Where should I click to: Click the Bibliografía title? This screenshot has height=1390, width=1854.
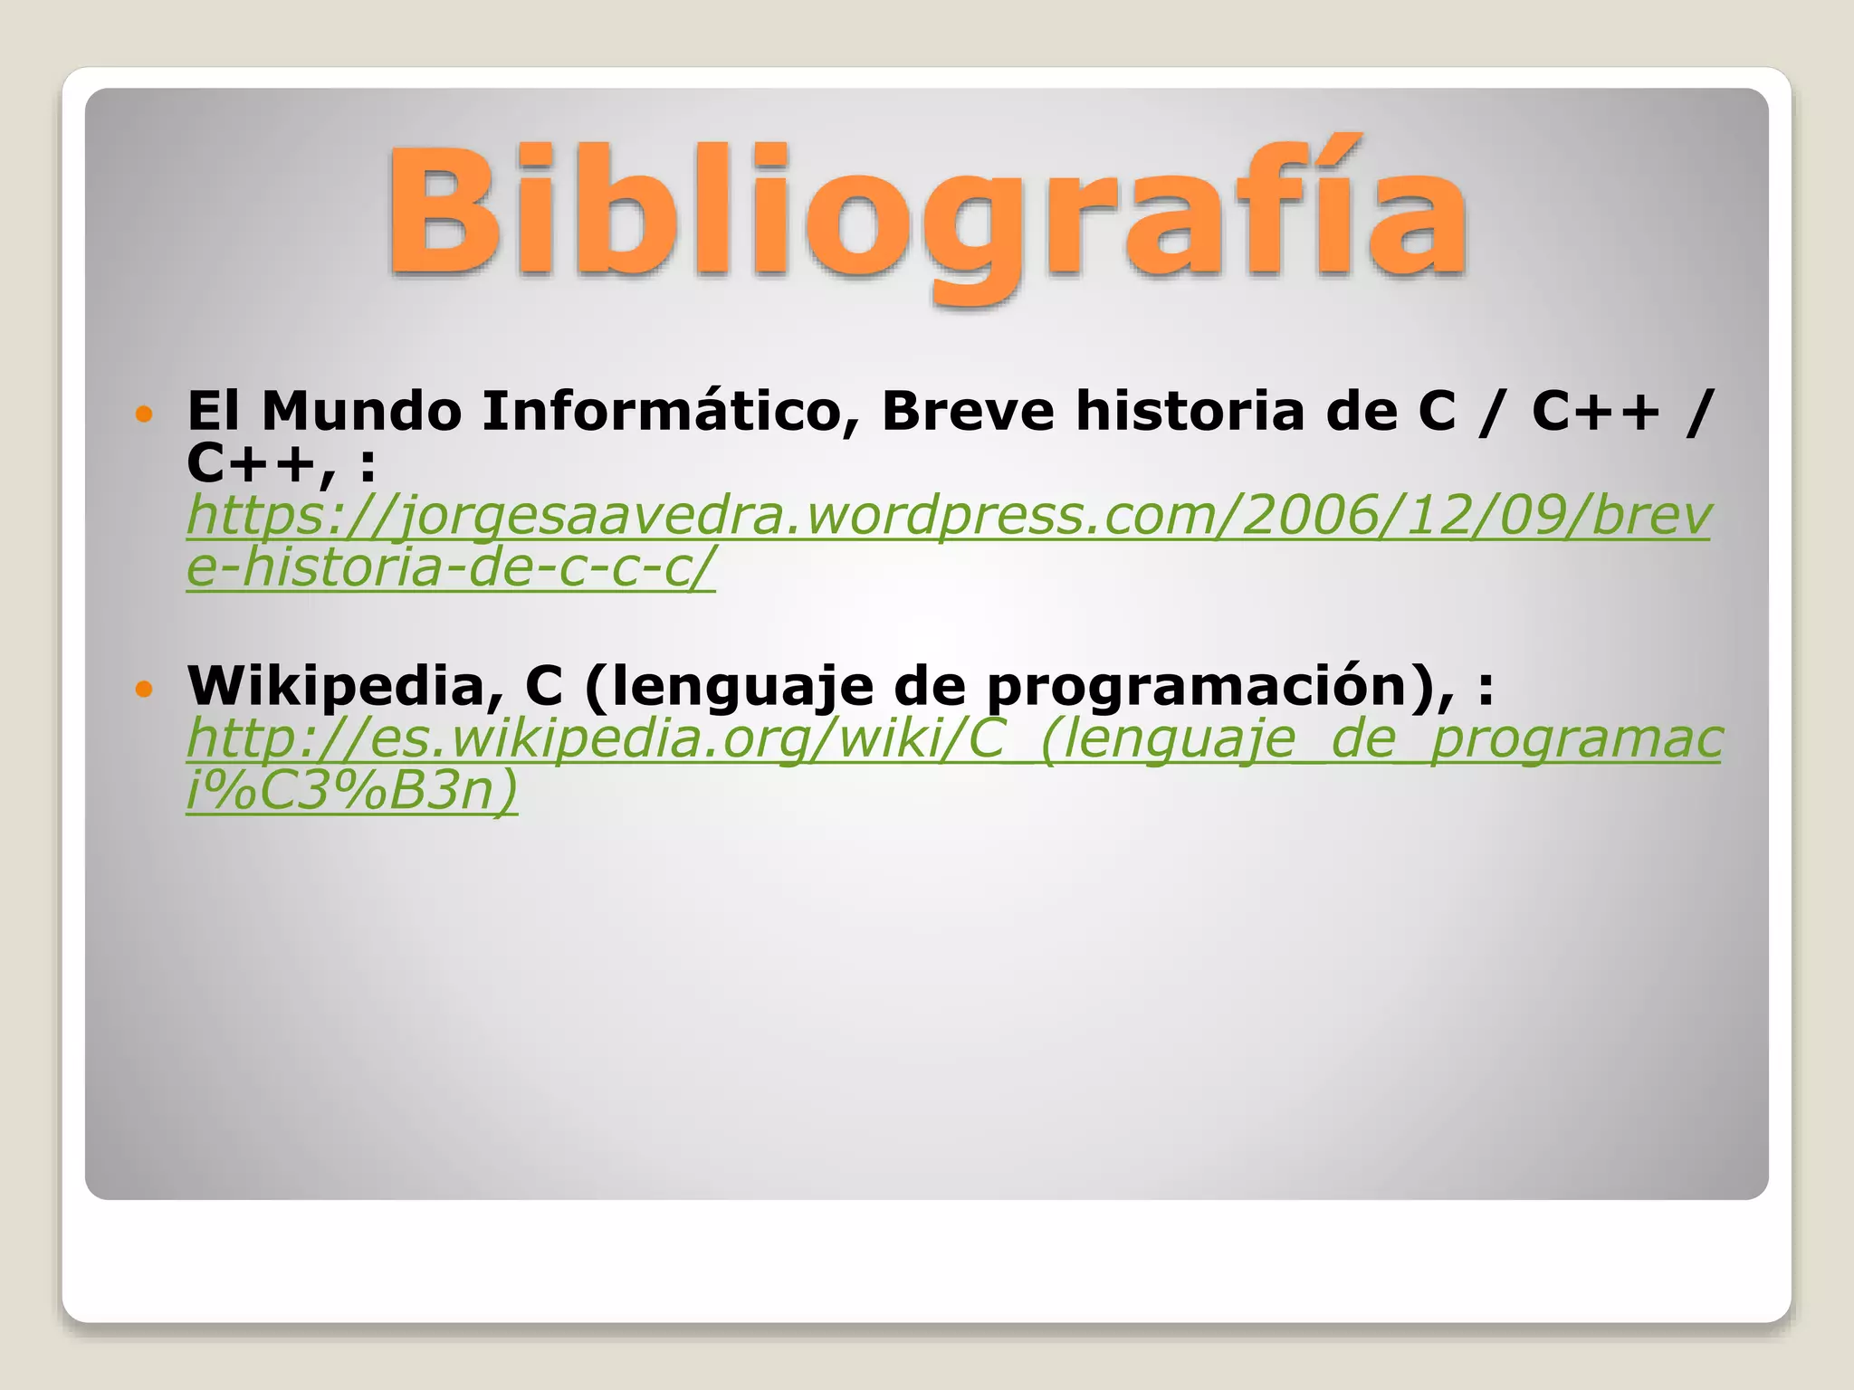click(x=927, y=213)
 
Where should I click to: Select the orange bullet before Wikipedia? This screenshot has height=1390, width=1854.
click(x=144, y=690)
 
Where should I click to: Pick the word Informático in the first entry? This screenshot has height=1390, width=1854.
click(x=670, y=413)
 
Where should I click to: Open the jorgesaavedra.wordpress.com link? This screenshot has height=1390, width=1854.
click(x=948, y=516)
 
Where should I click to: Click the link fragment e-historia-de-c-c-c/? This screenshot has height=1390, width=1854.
click(x=450, y=568)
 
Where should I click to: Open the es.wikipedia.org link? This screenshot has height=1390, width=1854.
click(x=953, y=739)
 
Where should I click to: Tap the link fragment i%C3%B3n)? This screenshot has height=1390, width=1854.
click(x=352, y=790)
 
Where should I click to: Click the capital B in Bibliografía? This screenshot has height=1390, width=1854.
click(x=443, y=213)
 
